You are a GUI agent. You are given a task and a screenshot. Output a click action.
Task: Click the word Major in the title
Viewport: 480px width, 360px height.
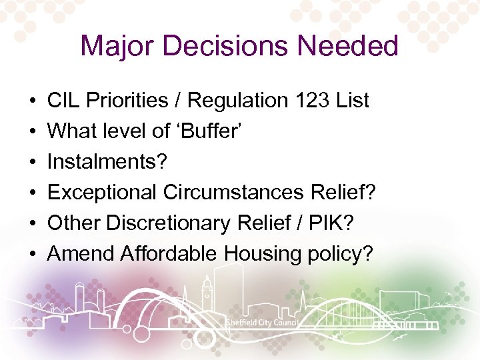[x=117, y=47]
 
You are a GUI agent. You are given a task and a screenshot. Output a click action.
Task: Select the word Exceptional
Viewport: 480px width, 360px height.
[x=99, y=193]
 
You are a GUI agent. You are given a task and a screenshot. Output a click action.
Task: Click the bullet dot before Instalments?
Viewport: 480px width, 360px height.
[x=33, y=163]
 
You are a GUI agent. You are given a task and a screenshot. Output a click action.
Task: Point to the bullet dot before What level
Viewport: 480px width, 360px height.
[x=33, y=132]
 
